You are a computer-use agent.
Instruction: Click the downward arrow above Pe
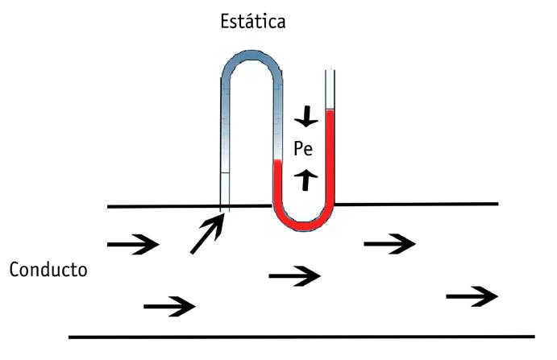(x=305, y=119)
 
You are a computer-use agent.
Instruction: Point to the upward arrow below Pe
(x=305, y=179)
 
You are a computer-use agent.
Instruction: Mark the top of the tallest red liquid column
(x=329, y=111)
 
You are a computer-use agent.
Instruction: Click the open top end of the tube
(x=329, y=73)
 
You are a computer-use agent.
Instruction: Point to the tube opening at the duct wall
(x=225, y=207)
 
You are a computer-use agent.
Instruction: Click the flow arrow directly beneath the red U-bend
(x=295, y=276)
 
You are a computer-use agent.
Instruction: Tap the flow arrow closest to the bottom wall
(x=169, y=305)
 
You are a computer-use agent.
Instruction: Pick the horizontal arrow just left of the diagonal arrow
(x=133, y=242)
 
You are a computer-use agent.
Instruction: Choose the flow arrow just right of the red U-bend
(x=390, y=242)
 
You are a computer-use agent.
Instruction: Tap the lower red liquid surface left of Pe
(x=277, y=161)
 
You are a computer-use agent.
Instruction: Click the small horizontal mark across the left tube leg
(x=225, y=173)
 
